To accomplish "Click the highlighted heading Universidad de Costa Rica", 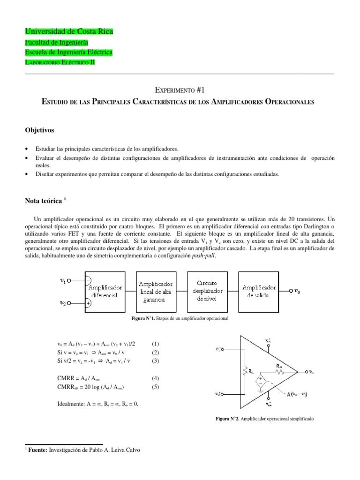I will pos(68,32).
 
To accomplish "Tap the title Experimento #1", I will pos(180,90).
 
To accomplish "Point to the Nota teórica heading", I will pos(43,201).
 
